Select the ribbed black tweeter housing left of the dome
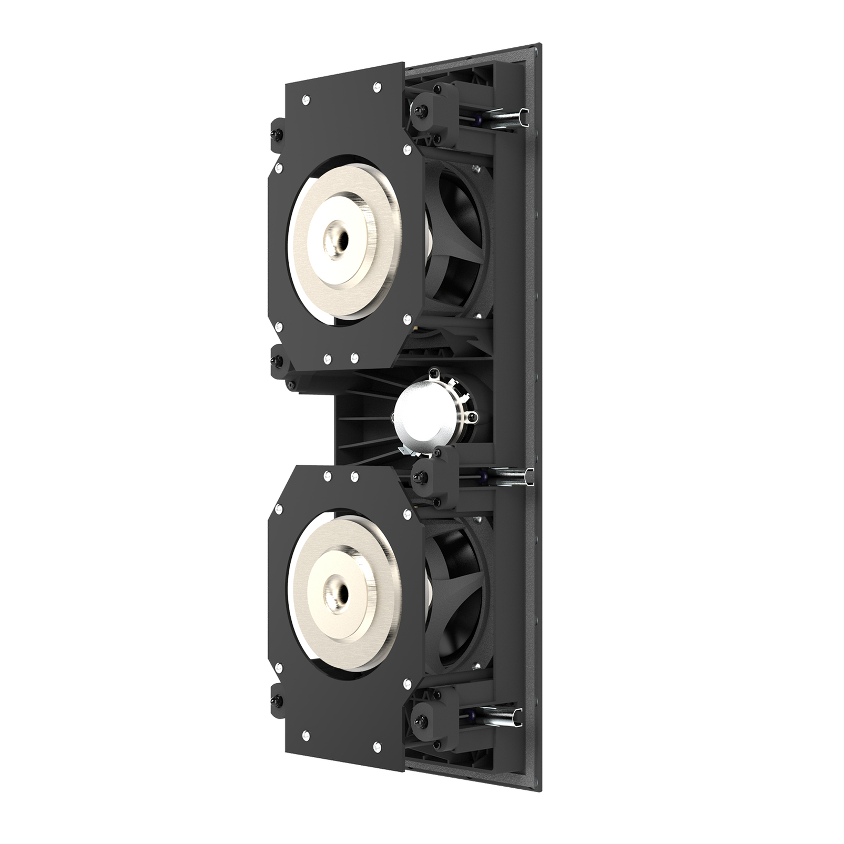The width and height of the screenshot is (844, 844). pos(363,421)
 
